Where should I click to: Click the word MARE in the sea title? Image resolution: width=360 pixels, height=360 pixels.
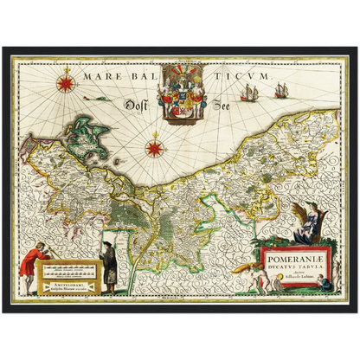click(100, 76)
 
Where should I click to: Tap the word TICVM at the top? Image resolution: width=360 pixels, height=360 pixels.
click(229, 76)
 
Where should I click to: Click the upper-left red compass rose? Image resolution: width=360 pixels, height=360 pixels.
click(64, 83)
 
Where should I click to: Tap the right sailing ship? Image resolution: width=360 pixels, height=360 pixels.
click(281, 89)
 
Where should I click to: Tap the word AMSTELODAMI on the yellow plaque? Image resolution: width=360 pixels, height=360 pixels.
click(66, 282)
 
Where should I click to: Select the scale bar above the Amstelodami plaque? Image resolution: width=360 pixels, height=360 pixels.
click(66, 269)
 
